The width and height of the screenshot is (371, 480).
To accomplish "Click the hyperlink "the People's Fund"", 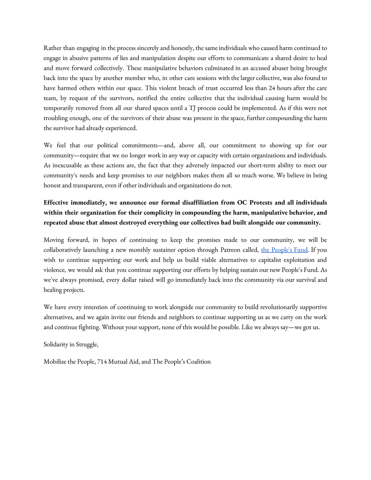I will pyautogui.click(x=284, y=250).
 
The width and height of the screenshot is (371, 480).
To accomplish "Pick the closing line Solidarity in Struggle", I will pyautogui.click(x=71, y=344).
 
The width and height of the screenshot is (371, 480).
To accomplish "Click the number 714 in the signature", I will pyautogui.click(x=102, y=362).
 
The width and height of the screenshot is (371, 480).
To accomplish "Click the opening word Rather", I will pyautogui.click(x=53, y=48).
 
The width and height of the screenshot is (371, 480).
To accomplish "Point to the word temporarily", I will pyautogui.click(x=60, y=108).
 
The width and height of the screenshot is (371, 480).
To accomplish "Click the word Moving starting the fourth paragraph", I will pyautogui.click(x=54, y=240).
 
